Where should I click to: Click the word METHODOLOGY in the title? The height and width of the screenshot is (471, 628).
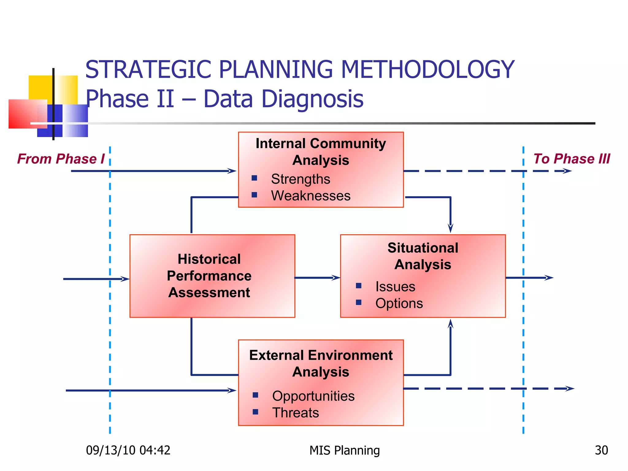click(427, 70)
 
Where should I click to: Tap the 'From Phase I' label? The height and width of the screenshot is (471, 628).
click(61, 159)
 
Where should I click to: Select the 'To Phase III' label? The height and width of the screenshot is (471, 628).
click(572, 159)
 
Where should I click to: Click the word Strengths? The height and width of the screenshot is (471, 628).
click(300, 179)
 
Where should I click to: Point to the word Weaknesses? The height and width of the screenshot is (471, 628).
click(310, 196)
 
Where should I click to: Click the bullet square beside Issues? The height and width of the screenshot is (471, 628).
click(358, 286)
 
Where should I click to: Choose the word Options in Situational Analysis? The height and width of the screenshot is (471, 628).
click(399, 303)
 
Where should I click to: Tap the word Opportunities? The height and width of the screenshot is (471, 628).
click(313, 396)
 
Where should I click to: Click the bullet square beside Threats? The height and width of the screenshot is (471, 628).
click(255, 412)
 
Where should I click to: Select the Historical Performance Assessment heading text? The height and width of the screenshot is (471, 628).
click(209, 276)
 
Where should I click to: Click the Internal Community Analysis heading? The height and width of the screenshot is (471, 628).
click(321, 152)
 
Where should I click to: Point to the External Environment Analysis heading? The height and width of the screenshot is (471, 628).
click(321, 363)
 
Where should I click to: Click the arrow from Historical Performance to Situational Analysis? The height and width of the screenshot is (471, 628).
click(317, 278)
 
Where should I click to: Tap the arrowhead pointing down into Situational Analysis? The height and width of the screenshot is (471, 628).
click(450, 228)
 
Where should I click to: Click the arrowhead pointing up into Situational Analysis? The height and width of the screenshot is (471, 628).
click(450, 324)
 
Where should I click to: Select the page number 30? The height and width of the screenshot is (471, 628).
click(601, 450)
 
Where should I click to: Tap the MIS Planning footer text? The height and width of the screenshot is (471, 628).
click(344, 450)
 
